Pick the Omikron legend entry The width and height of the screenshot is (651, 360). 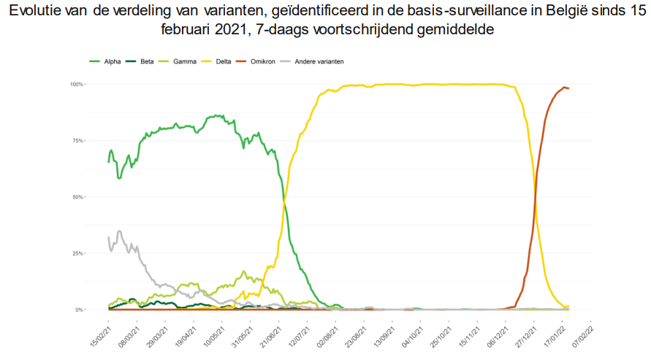(257, 61)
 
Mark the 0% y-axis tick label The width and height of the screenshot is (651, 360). (80, 310)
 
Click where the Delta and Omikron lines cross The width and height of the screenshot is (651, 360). (536, 195)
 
